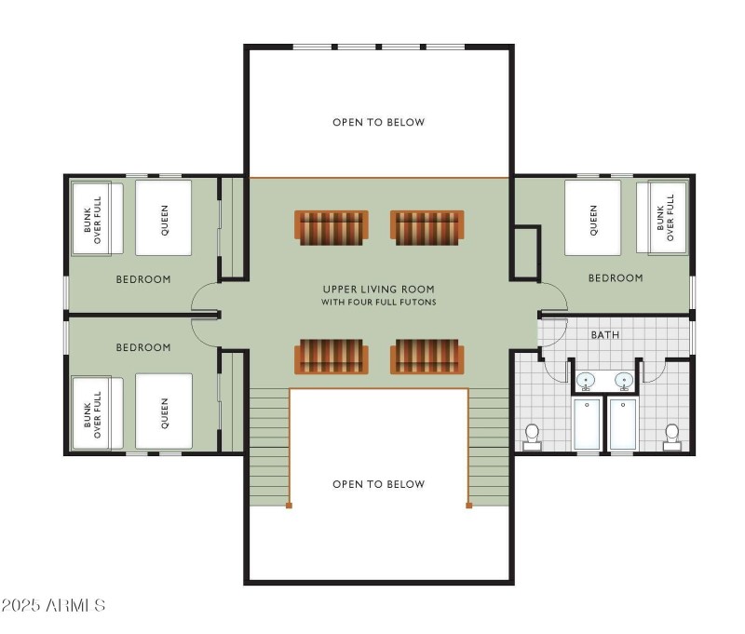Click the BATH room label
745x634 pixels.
point(605,335)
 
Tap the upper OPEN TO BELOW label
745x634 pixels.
point(378,122)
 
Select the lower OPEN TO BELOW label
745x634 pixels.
point(378,484)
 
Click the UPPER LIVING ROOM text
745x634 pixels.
point(378,290)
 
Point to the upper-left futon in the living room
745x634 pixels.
point(331,228)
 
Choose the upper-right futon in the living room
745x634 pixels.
point(427,228)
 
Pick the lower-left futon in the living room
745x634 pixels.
point(331,357)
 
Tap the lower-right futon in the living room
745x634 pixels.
point(427,357)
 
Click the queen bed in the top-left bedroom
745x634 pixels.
point(164,218)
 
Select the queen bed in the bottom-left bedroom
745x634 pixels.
point(164,411)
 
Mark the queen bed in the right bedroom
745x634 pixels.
point(593,218)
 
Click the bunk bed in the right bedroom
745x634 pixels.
point(662,218)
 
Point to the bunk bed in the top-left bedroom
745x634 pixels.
point(97,218)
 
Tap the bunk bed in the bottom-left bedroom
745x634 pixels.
point(97,411)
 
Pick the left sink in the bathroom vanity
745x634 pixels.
point(587,380)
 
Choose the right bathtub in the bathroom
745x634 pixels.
point(622,424)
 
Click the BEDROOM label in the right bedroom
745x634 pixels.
point(616,278)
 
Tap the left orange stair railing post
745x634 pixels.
point(289,506)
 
